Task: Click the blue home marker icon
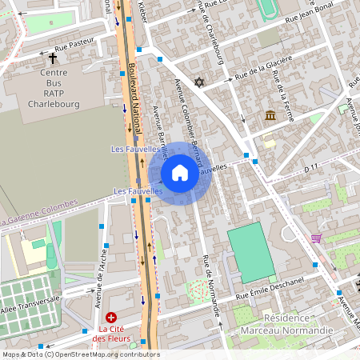click(180, 173)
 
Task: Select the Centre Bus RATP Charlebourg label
click(54, 88)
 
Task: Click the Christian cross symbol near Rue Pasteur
click(54, 58)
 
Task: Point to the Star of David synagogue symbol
click(200, 82)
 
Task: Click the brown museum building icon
click(271, 116)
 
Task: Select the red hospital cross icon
click(111, 318)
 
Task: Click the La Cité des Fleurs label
click(112, 334)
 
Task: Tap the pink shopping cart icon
click(317, 238)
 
